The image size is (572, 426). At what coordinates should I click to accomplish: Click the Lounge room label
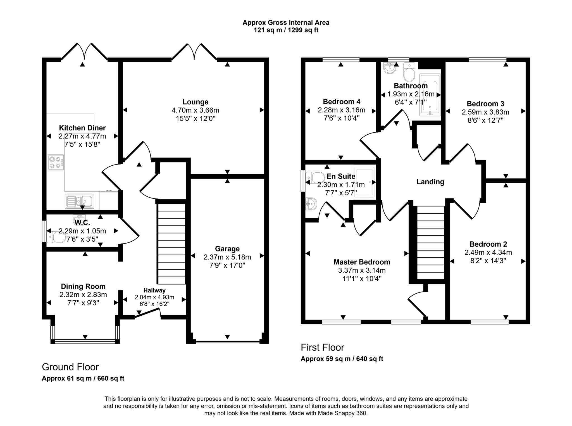[x=195, y=102]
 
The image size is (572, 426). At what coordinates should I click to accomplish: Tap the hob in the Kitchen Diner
[x=56, y=162]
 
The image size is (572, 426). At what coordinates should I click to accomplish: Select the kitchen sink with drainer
[x=79, y=201]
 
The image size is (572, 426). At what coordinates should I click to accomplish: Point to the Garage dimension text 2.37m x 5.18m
[x=227, y=257]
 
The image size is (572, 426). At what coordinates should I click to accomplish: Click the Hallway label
[x=154, y=291]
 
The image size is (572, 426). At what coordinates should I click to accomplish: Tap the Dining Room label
[x=83, y=286]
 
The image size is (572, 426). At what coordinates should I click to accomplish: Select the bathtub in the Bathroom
[x=430, y=95]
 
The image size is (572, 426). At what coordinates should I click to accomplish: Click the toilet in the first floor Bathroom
[x=409, y=72]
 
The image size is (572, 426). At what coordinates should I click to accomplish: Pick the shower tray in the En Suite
[x=364, y=183]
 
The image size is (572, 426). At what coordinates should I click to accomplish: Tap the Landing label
[x=430, y=182]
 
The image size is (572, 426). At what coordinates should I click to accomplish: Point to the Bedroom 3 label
[x=485, y=104]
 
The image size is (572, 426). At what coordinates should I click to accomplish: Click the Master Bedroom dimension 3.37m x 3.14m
[x=362, y=270]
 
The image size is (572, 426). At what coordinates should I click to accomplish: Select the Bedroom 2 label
[x=488, y=244]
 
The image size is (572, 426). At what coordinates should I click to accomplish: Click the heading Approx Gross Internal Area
[x=286, y=23]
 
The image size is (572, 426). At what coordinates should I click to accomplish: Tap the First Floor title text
[x=322, y=347]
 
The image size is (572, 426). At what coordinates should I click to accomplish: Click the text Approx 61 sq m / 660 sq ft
[x=83, y=379]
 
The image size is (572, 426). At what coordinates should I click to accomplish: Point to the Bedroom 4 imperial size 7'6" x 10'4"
[x=341, y=118]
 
